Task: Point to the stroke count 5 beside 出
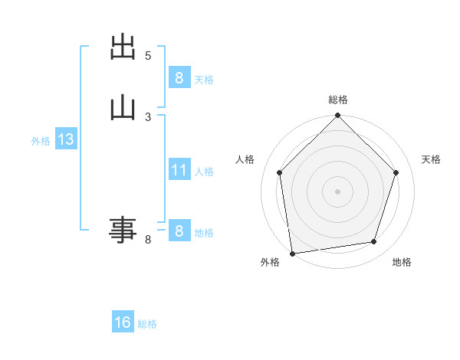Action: [x=148, y=55]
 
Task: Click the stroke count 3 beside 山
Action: [x=148, y=116]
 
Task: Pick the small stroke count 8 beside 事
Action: [x=148, y=241]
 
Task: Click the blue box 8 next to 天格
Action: [x=179, y=77]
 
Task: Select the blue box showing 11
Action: [x=179, y=169]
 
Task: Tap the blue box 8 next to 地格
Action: [x=179, y=231]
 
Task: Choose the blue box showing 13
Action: [x=65, y=139]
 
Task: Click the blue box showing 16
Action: [x=123, y=322]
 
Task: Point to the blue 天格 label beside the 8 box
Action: [x=204, y=79]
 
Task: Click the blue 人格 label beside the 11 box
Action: [x=204, y=171]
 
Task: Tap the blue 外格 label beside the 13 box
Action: [x=41, y=141]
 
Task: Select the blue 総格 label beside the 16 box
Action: [x=147, y=324]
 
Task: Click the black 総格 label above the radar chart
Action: [x=338, y=100]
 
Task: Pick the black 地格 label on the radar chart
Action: [x=402, y=262]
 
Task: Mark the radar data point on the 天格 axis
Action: [x=396, y=172]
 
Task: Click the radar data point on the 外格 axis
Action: [x=292, y=253]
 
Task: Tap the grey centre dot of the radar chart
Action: [x=338, y=191]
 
